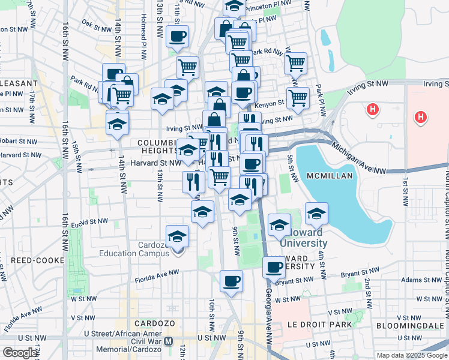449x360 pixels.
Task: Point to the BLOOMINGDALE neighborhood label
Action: pyautogui.click(x=411, y=326)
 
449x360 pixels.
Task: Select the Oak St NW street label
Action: pyautogui.click(x=95, y=25)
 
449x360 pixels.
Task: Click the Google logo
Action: pyautogui.click(x=20, y=353)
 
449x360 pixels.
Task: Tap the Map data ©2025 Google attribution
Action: pyautogui.click(x=412, y=355)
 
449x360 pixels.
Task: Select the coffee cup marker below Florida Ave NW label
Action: pyautogui.click(x=231, y=280)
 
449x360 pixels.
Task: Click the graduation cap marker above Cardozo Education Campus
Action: pyautogui.click(x=177, y=236)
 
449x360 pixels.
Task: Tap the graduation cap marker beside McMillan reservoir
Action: pyautogui.click(x=316, y=213)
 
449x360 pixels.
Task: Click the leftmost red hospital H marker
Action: pyautogui.click(x=373, y=110)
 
